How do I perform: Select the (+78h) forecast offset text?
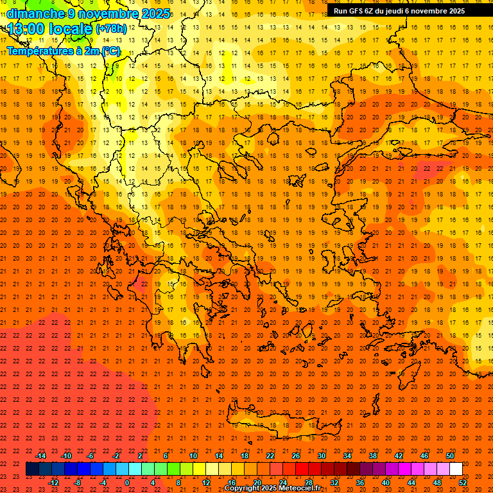pos(111,29)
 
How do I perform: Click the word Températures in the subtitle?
pos(36,51)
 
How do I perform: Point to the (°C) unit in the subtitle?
pos(110,51)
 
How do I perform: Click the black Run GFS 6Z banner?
pos(399,11)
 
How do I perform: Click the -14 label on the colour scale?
pos(40,456)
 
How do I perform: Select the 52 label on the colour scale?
pos(463,483)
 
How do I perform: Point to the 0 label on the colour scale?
pos(128,483)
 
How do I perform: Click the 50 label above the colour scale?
pos(450,456)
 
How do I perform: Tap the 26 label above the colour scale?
pos(296,456)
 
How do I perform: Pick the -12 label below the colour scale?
pos(53,483)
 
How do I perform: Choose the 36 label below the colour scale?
pos(360,483)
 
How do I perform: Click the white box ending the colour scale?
pos(456,469)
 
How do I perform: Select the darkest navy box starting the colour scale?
pos(32,469)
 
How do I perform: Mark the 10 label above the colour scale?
pos(193,456)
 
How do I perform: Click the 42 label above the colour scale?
pos(399,456)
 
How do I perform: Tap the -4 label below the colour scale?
pos(103,483)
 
